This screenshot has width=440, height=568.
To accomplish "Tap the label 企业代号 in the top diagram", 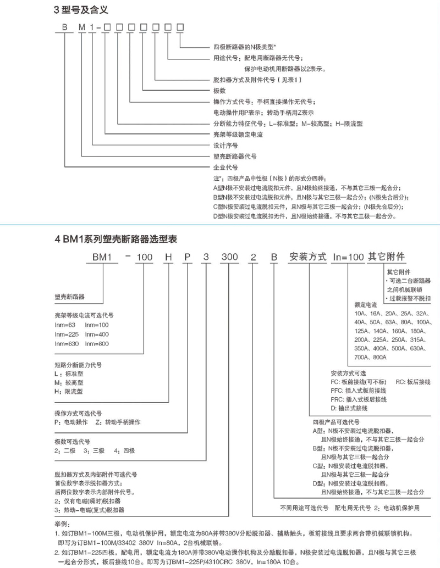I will point(225,166).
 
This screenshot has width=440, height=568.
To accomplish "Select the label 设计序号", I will point(225,146).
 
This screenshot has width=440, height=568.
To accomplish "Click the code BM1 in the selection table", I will point(105,257).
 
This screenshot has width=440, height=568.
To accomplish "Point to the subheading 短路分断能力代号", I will point(78,365).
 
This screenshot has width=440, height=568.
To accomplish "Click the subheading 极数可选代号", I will point(72,442).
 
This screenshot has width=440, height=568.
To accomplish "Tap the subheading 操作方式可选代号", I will point(78,413).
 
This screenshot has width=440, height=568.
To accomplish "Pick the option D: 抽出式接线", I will point(349,408).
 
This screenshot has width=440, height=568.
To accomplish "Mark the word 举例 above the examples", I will point(62,525).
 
